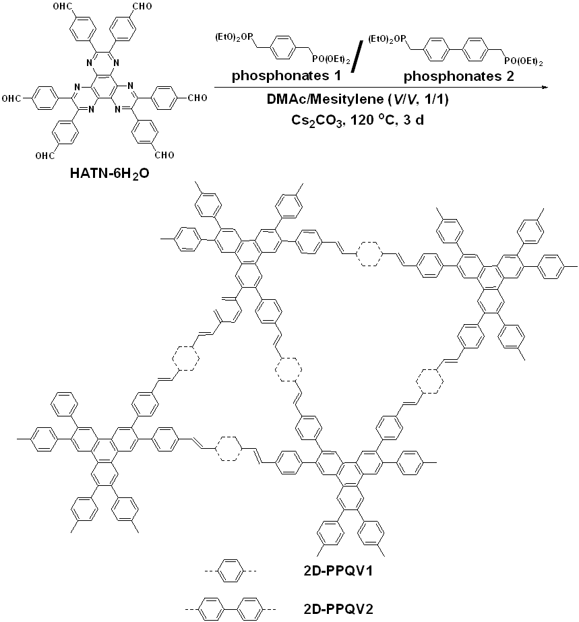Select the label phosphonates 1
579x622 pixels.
tap(274, 76)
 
